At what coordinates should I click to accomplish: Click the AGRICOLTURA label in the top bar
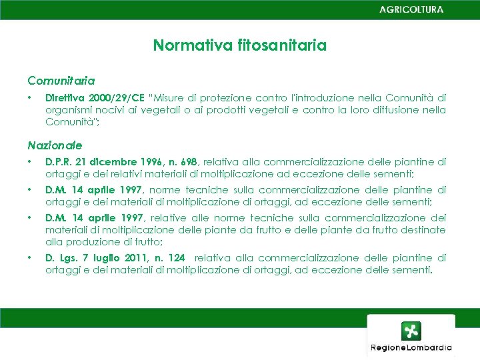411,10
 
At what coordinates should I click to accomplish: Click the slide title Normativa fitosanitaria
240,45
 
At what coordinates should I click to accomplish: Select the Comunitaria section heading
61,81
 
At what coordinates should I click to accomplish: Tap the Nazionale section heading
55,145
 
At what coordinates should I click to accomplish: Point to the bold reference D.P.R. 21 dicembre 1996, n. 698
121,161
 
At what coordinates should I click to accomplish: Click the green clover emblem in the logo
411,331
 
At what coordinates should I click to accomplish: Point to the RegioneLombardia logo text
411,347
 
